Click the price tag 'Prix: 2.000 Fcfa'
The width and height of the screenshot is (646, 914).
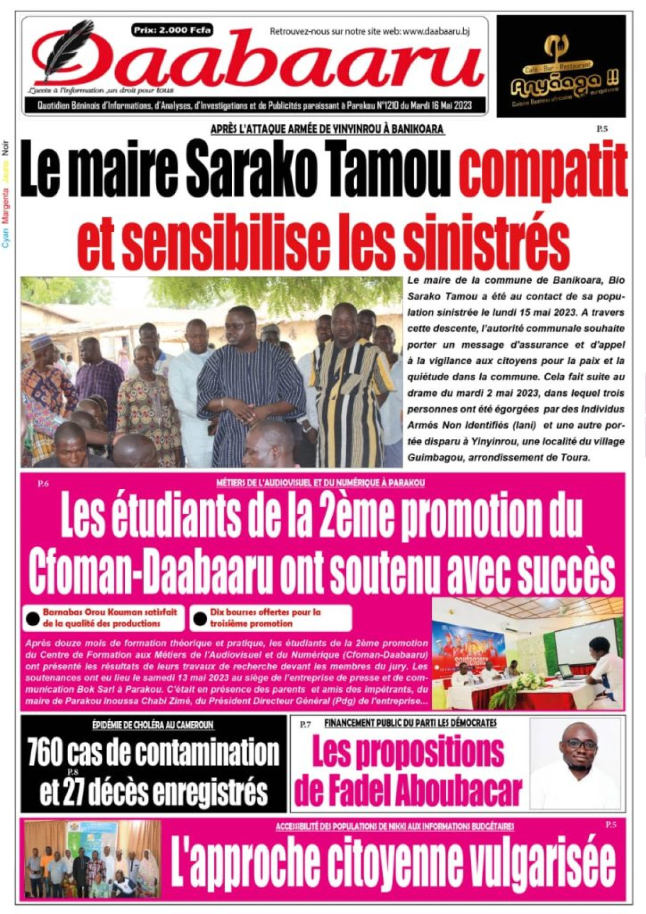click(x=172, y=30)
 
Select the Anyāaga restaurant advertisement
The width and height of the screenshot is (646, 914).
click(x=561, y=66)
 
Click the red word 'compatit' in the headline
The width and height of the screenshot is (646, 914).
click(x=544, y=169)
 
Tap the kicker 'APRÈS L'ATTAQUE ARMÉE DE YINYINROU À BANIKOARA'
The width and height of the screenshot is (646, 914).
click(x=327, y=129)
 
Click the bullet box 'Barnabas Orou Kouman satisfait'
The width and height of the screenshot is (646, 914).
click(x=102, y=618)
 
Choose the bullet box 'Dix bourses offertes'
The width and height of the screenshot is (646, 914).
click(x=270, y=618)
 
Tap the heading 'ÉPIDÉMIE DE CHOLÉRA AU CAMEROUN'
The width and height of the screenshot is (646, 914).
click(x=153, y=725)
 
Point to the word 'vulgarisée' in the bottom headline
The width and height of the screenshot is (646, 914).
click(x=540, y=864)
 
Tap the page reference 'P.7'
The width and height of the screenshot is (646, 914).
click(x=305, y=724)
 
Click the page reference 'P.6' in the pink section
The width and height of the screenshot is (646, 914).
click(x=43, y=484)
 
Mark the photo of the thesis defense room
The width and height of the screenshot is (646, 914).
click(x=528, y=653)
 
